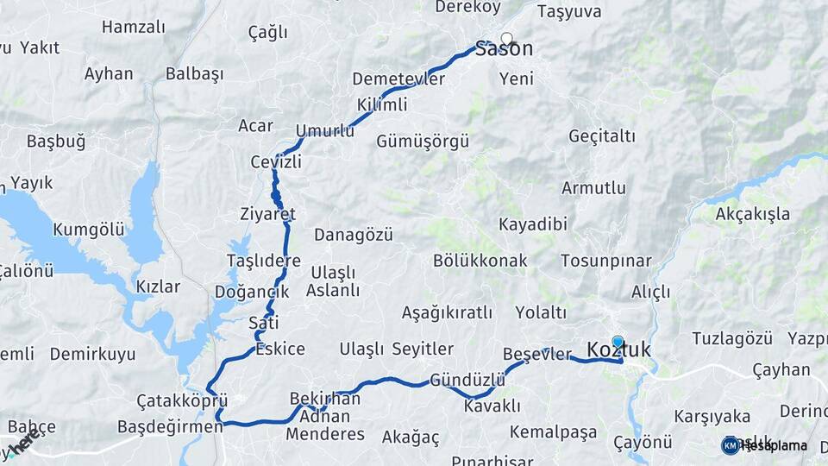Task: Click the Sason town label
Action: pos(505,50)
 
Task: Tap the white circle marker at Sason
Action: pos(506,38)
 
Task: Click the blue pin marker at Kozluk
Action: pos(618,343)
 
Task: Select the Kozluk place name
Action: pos(618,349)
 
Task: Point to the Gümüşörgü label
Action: pos(423,141)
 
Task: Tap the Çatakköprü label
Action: pos(182,401)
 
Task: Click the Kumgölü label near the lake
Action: pos(89,230)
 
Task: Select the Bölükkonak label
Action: pos(480,260)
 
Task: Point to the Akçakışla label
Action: pos(752,214)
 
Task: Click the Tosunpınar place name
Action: pos(605,260)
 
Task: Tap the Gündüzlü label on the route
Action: pos(467,380)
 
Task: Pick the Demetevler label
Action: pos(398,79)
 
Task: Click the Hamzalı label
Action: pos(133,27)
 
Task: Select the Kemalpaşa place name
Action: pos(553,431)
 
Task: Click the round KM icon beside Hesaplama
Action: pos(731,445)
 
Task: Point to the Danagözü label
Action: pos(353,234)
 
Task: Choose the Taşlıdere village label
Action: pos(263,261)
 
